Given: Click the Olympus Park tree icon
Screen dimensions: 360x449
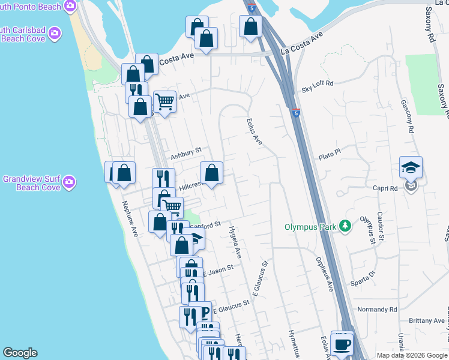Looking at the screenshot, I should (345, 226).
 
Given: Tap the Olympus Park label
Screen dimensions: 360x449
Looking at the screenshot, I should (311, 227).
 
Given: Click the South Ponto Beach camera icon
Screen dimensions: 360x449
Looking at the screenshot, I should (70, 7).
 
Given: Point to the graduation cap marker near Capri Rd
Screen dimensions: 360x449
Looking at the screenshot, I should (411, 167).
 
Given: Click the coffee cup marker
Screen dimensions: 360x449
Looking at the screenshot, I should (342, 345).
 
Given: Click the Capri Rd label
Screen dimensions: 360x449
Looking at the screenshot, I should (385, 188).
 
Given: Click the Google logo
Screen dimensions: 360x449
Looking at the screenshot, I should (20, 353).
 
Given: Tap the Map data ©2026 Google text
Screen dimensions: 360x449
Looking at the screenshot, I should (412, 355).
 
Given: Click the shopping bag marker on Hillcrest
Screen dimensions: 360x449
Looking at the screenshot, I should (211, 174).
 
